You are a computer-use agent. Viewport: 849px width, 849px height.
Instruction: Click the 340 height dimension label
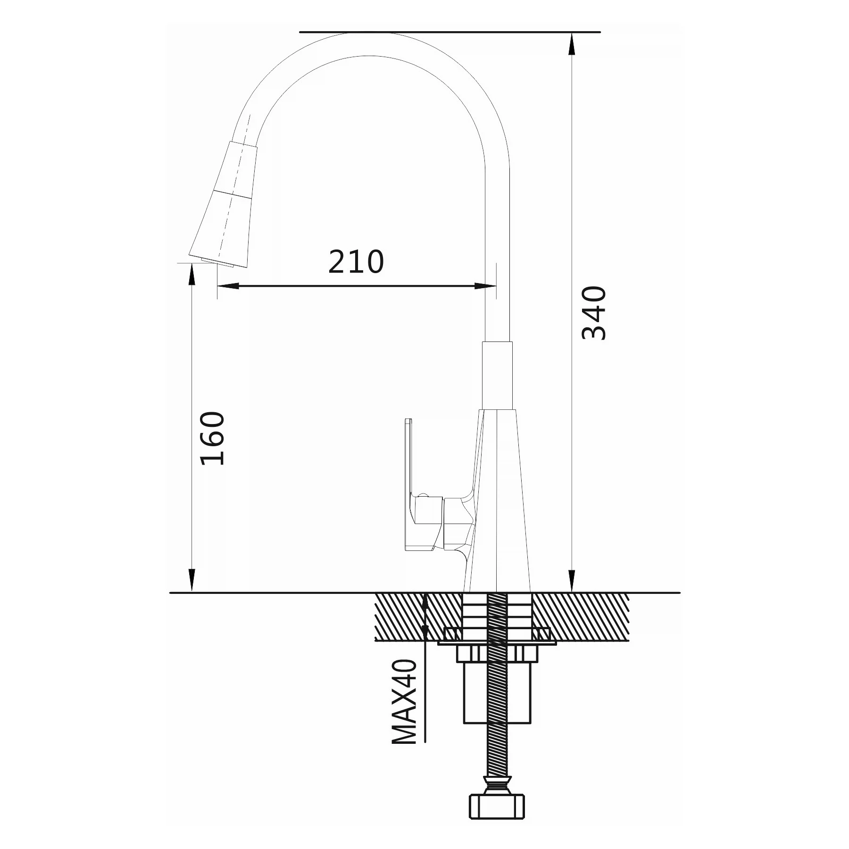coord(594,312)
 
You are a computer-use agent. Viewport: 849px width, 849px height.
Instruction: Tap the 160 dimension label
coord(213,439)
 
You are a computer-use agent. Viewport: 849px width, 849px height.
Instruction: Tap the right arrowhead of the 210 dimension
coord(486,286)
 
